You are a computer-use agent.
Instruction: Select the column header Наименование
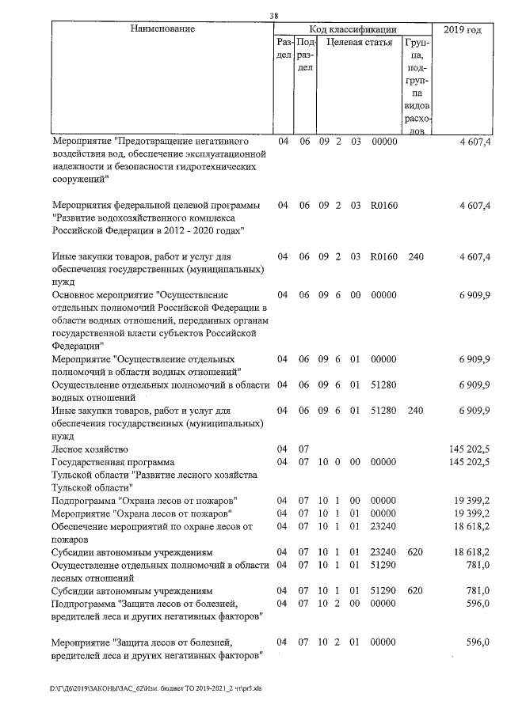tap(162, 29)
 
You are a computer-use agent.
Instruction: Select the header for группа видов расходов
tap(417, 84)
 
